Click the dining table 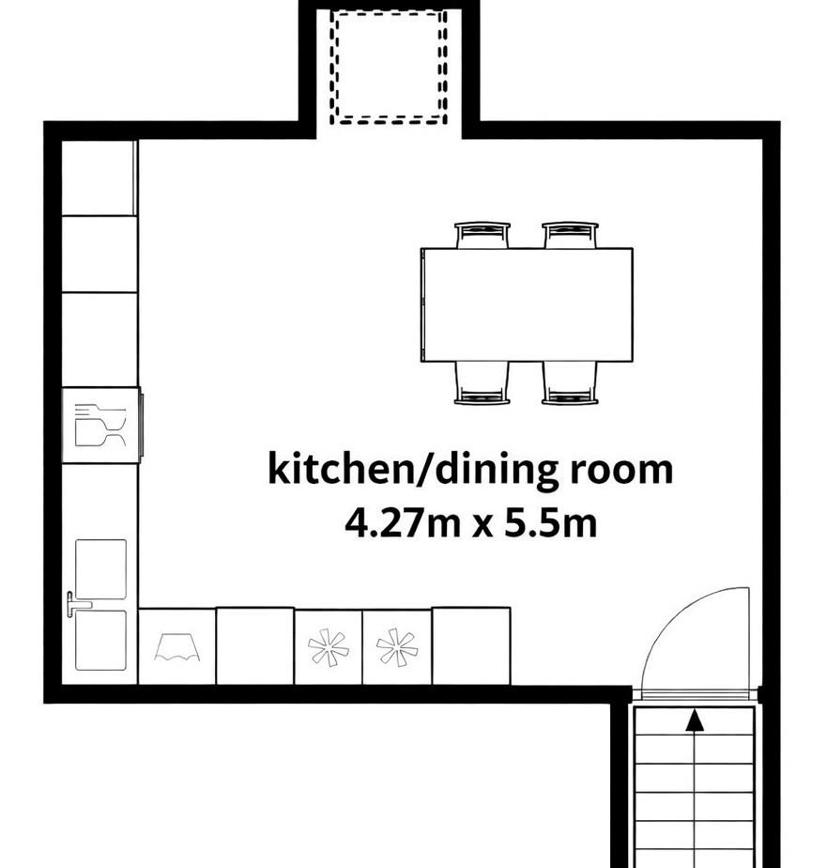click(527, 304)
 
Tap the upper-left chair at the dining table click(482, 234)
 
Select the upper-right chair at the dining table click(570, 234)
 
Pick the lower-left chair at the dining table click(482, 383)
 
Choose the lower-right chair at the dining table click(570, 383)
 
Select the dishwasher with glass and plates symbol click(100, 426)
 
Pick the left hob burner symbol click(329, 646)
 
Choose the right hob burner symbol click(396, 646)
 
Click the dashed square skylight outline click(389, 68)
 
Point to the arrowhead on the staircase click(695, 721)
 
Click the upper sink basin click(100, 568)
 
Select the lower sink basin click(100, 641)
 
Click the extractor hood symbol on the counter click(177, 647)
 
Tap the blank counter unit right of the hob click(471, 646)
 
